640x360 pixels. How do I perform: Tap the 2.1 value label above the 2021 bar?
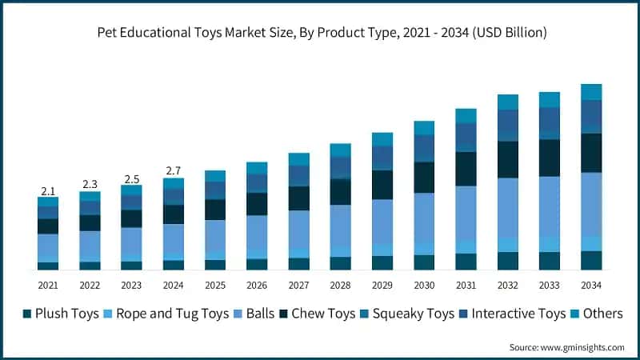(x=48, y=191)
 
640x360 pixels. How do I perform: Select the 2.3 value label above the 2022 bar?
(x=90, y=185)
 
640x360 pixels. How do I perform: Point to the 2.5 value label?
(x=131, y=178)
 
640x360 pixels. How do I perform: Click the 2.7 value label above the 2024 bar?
(x=173, y=170)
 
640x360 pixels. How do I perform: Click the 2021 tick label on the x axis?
(x=48, y=286)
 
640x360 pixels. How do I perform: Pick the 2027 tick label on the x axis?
(x=298, y=286)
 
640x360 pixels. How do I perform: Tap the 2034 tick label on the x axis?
(x=591, y=286)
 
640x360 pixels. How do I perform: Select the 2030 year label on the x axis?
(x=424, y=286)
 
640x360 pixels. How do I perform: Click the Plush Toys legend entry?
(x=61, y=314)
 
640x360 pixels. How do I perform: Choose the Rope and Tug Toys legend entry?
(x=165, y=314)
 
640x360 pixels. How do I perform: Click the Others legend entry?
(x=596, y=314)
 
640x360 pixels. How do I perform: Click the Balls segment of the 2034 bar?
(x=591, y=204)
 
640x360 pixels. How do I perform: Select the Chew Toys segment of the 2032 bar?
(x=508, y=159)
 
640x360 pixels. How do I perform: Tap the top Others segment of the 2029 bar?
(x=382, y=139)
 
